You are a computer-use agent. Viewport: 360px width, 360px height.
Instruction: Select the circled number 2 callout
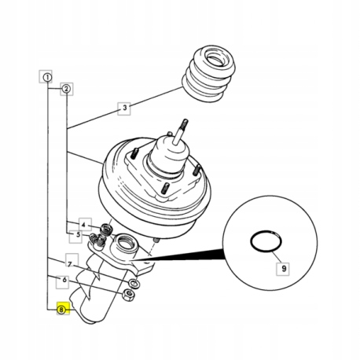(67, 89)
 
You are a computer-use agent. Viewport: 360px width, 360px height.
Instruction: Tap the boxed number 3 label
(124, 108)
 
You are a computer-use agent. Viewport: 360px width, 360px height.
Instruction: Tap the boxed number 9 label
(283, 269)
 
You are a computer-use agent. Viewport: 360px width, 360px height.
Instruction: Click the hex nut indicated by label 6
(128, 294)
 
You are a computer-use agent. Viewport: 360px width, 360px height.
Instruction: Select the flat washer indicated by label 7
(134, 283)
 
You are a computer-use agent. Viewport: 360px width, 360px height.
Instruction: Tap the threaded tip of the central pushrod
(184, 123)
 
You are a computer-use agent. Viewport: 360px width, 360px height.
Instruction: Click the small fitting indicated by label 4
(106, 229)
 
